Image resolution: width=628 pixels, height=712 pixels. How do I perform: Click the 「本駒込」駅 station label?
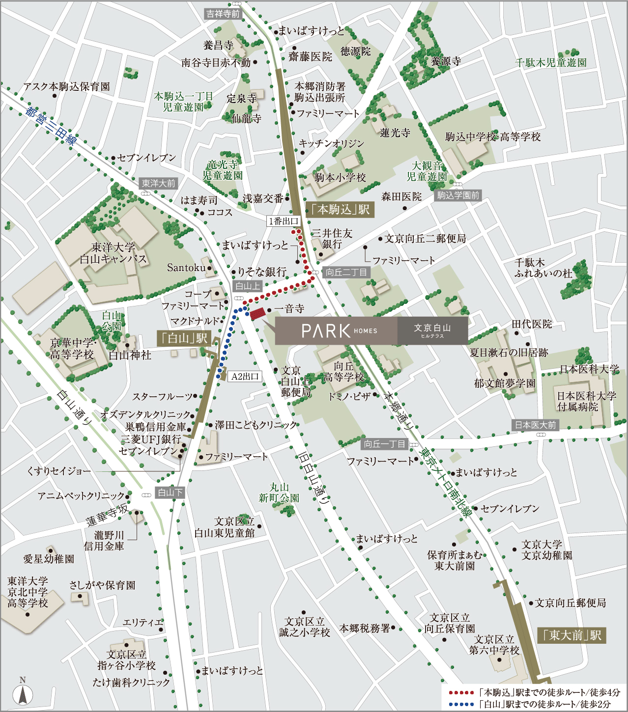340,210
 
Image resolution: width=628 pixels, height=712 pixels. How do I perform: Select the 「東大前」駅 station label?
571,635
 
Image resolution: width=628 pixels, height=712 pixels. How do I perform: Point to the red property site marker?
257,313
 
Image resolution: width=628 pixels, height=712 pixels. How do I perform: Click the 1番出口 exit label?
284,221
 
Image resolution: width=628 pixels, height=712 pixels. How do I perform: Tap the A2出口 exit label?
245,377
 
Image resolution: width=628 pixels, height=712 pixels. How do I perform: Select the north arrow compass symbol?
23,693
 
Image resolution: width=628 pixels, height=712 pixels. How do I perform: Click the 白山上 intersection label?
248,286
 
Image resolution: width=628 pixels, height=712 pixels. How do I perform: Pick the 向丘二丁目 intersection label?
346,272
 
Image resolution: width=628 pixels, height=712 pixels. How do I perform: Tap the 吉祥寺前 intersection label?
223,14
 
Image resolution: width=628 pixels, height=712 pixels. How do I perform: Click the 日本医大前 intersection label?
535,425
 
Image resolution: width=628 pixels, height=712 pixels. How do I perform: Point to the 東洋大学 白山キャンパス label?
114,253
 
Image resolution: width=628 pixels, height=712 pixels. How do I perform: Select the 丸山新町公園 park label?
279,493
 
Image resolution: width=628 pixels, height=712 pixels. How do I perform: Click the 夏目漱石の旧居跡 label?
509,353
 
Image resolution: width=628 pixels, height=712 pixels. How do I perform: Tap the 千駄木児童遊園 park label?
550,63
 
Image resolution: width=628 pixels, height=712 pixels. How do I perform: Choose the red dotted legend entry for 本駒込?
535,692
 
